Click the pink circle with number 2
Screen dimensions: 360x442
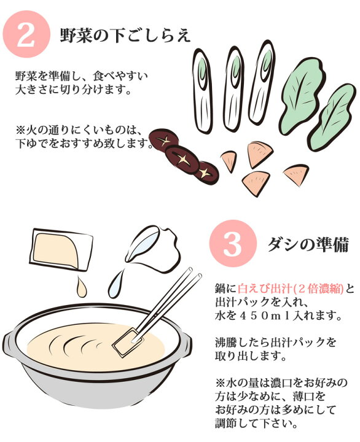tap(26, 34)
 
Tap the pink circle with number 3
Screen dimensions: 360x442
tap(233, 243)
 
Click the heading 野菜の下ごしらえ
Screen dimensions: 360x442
tap(125, 36)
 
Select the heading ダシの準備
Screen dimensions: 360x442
tap(308, 244)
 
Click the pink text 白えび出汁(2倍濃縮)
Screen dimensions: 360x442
tap(291, 289)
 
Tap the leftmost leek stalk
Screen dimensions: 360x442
tap(202, 91)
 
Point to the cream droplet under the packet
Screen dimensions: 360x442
tap(82, 287)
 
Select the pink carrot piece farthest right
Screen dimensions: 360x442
tap(297, 175)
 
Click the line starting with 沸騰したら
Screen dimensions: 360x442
tap(276, 343)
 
